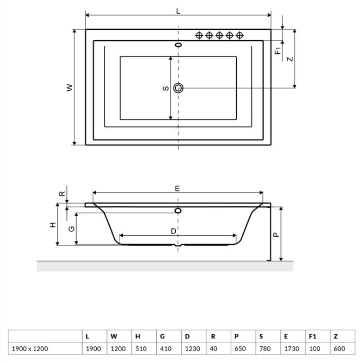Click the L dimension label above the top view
point(178,11)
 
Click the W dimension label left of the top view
point(70,88)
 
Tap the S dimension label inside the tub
point(166,88)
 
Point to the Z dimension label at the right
point(290,59)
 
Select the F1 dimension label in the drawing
point(278,51)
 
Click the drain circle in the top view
point(178,88)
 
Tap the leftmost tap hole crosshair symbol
point(199,35)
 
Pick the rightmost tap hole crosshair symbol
point(239,35)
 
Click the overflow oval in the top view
point(178,45)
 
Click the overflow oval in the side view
point(178,210)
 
